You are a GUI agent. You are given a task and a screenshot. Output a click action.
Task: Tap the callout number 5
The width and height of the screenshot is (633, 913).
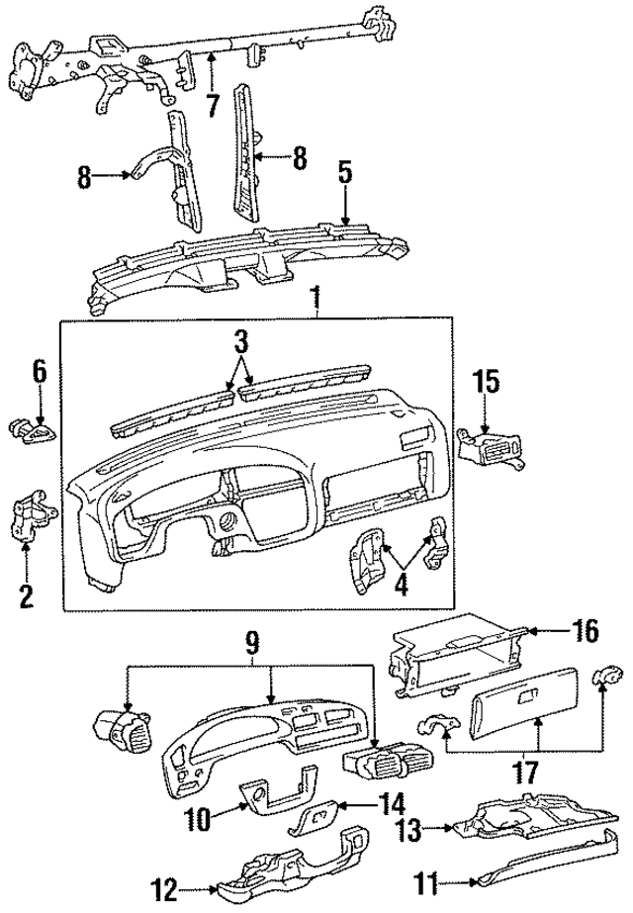tap(344, 172)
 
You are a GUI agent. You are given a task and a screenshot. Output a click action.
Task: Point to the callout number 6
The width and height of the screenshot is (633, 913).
tap(39, 371)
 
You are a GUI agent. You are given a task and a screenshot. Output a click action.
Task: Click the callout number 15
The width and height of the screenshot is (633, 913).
tap(485, 382)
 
